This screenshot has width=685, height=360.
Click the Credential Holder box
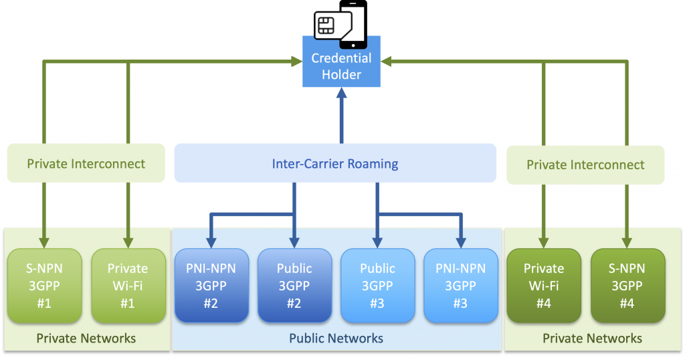(x=341, y=66)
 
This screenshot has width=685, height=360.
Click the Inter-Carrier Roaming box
(x=335, y=163)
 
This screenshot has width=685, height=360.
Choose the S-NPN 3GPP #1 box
(x=44, y=286)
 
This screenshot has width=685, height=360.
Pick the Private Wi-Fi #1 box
(x=128, y=286)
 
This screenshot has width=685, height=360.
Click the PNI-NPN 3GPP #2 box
(x=211, y=286)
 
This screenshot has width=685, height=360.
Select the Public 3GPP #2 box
(x=294, y=286)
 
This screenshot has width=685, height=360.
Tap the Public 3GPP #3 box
(x=377, y=286)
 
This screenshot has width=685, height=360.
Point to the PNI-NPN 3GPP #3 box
(x=461, y=286)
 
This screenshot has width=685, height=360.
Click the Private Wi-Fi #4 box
(x=544, y=286)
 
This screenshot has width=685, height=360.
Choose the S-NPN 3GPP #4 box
(x=627, y=286)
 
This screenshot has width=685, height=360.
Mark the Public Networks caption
(x=336, y=338)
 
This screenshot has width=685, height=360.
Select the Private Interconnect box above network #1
(x=86, y=163)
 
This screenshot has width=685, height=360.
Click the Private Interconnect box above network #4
(x=585, y=165)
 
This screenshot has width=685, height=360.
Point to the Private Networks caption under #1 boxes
(x=86, y=338)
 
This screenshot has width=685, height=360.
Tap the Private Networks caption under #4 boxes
(x=592, y=338)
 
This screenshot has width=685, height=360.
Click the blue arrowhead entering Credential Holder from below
(x=341, y=92)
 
